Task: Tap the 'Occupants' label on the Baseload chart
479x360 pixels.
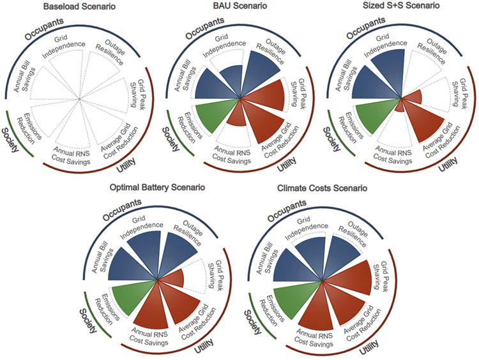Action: (45, 29)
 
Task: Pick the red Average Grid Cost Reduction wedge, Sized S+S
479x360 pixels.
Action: (420, 123)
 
